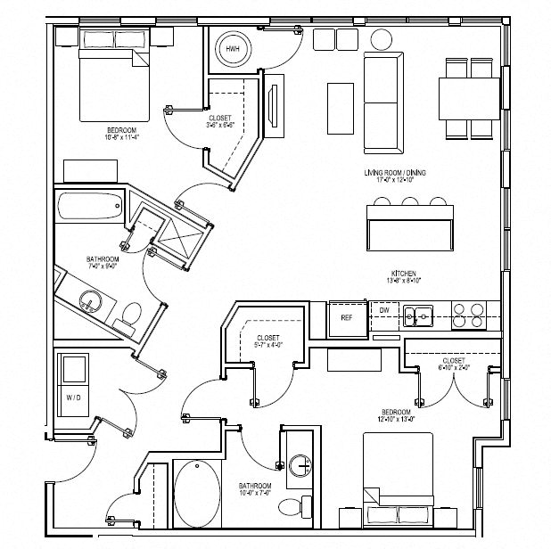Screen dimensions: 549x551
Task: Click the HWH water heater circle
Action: (233, 48)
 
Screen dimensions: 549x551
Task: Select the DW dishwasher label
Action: (383, 310)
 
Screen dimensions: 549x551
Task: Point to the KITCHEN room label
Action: (404, 275)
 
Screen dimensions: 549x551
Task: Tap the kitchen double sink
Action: (418, 314)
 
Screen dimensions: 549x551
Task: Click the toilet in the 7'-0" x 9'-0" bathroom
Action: (131, 314)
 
